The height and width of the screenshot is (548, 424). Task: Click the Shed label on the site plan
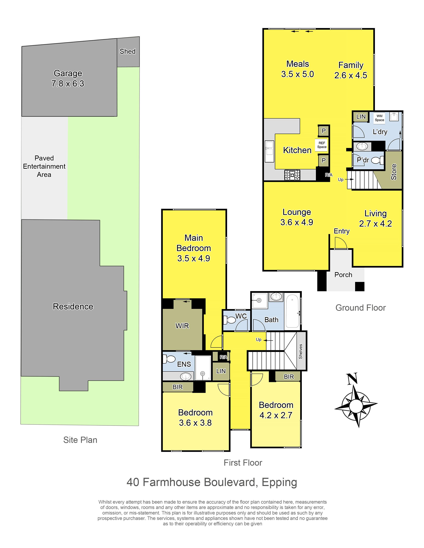(x=128, y=51)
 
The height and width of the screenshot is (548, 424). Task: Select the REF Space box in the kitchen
(x=322, y=145)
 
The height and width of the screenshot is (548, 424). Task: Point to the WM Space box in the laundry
(x=379, y=118)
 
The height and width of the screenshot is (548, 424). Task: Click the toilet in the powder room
(x=378, y=160)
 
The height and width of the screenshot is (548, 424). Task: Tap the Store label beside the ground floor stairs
(x=394, y=172)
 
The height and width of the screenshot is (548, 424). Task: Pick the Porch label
(x=343, y=275)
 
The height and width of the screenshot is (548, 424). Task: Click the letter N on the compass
(x=352, y=379)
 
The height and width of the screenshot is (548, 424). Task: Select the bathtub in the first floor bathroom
(x=292, y=311)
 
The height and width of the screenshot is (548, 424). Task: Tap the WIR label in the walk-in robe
(x=182, y=326)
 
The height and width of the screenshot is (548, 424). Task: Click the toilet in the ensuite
(x=169, y=359)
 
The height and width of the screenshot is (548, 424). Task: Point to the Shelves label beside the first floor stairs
(x=301, y=351)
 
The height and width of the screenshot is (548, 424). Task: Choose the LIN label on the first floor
(x=221, y=371)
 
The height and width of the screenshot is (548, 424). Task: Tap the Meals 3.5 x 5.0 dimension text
(x=297, y=74)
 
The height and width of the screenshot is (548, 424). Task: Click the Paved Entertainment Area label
(x=44, y=166)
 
